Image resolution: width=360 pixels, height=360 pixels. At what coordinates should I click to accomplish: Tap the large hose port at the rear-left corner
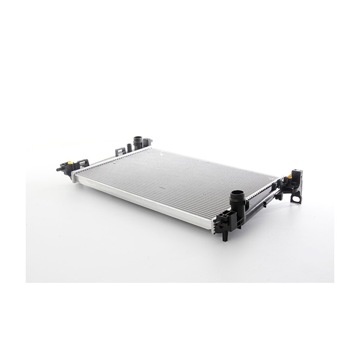point(137,141)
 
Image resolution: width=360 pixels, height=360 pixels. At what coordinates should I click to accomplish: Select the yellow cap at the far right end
point(291,176)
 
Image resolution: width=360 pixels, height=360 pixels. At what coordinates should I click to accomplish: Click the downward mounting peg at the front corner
point(225,236)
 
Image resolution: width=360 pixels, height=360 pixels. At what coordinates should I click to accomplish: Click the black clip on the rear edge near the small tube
point(121,152)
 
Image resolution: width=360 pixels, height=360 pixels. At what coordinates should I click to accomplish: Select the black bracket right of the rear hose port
point(147,142)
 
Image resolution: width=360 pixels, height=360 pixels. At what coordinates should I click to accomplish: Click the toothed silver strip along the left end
point(111,159)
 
